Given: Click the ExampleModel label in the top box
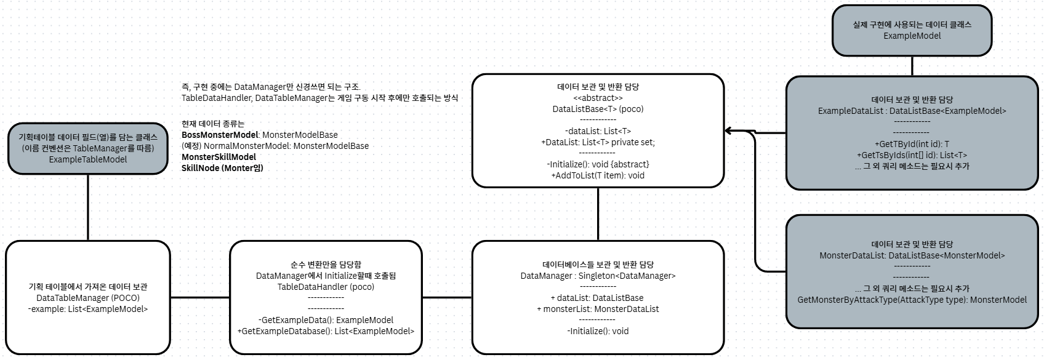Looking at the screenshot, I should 912,36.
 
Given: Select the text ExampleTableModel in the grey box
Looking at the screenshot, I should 88,159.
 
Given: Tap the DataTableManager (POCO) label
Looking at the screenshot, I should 88,298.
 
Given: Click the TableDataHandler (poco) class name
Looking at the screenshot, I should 326,287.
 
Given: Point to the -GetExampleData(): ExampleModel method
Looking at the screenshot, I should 326,320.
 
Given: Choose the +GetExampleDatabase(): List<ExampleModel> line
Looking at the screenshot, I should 326,331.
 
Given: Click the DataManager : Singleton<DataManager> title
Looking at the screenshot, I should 598,276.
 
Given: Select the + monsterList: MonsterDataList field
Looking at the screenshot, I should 598,309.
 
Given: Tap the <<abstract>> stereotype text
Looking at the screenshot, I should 598,98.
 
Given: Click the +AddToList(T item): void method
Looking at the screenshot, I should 598,175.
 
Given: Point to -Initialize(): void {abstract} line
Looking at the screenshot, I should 598,164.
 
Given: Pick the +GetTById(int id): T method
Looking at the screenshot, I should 912,144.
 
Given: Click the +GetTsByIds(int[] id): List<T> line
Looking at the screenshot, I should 912,155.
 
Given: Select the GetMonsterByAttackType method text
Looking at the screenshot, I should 912,300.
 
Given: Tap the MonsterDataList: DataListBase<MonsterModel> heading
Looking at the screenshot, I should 912,255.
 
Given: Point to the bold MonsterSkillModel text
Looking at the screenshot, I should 219,157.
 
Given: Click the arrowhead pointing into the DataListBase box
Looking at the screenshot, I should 728,131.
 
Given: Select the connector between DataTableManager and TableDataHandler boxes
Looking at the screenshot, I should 199,298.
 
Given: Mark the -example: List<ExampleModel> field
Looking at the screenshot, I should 88,309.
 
